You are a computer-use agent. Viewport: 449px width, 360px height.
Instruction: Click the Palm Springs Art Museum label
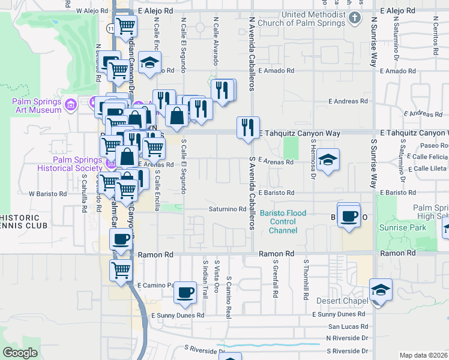click(x=37, y=106)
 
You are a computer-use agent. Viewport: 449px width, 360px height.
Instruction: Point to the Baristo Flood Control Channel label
click(x=283, y=221)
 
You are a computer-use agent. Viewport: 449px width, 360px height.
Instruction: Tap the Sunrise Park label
click(x=402, y=227)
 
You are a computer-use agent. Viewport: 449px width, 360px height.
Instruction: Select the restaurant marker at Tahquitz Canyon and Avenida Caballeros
click(x=248, y=128)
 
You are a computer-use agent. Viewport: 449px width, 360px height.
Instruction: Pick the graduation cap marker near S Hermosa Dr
click(x=328, y=160)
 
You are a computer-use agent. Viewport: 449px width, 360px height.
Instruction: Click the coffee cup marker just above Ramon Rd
click(x=121, y=239)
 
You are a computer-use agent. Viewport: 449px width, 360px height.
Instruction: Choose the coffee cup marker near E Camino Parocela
click(x=185, y=292)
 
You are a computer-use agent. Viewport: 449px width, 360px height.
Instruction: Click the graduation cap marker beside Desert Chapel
click(x=381, y=290)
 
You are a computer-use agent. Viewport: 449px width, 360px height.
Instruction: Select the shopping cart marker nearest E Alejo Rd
click(x=126, y=26)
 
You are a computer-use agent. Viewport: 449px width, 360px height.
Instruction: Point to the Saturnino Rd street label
click(x=228, y=209)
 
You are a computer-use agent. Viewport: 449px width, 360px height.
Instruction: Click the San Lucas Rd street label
click(x=346, y=326)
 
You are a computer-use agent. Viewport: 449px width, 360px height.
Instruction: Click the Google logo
click(x=20, y=353)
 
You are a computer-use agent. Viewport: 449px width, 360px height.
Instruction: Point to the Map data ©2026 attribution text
click(x=423, y=355)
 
